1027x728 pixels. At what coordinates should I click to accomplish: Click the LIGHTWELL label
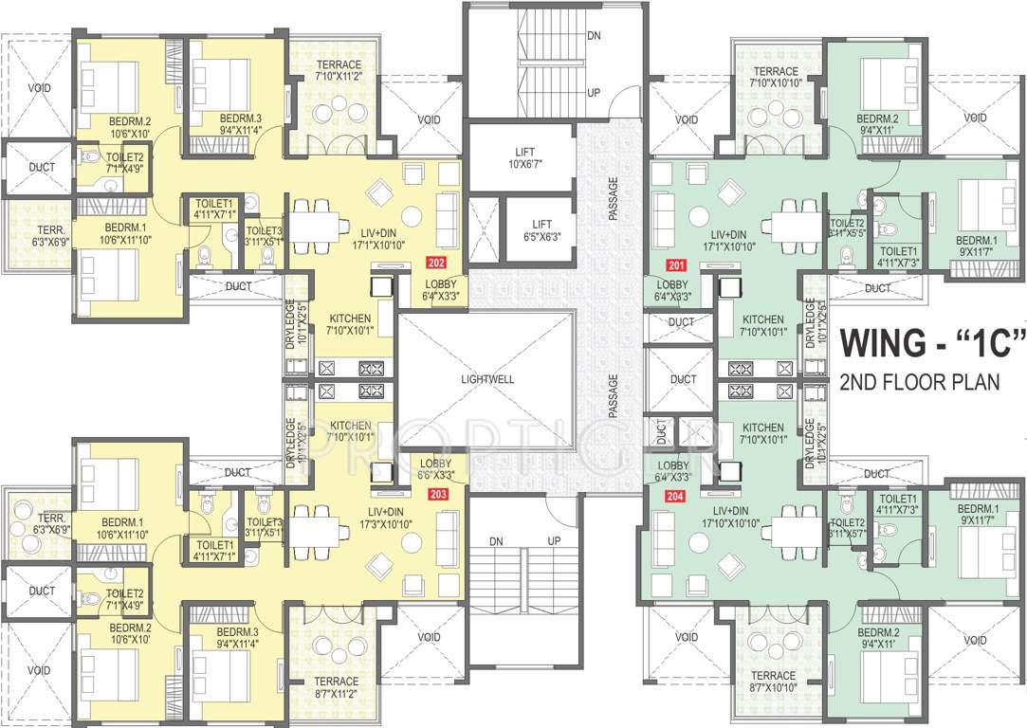point(487,378)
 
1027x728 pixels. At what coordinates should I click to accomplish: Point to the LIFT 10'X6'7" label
point(523,158)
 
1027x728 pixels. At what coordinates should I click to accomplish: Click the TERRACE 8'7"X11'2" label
point(337,687)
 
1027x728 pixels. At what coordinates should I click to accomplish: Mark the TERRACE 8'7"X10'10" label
point(776,680)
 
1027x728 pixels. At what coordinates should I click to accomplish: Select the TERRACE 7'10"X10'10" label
point(776,77)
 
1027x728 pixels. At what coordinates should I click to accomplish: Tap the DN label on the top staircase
point(594,35)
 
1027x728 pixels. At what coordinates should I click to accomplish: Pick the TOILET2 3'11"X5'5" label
point(848,227)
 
